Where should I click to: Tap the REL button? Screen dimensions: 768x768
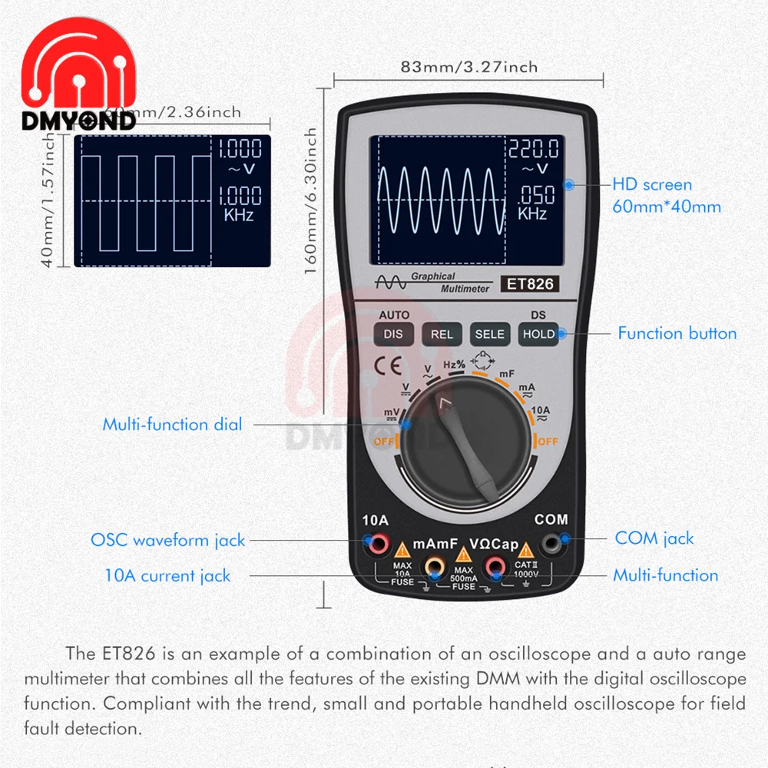442,334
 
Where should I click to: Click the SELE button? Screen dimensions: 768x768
489,334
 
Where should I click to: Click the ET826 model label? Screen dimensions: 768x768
528,284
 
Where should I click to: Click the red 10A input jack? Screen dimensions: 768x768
379,546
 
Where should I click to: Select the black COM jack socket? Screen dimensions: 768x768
551,546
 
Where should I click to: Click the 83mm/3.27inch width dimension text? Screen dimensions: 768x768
469,67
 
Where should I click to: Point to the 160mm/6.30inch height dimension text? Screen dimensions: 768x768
311,204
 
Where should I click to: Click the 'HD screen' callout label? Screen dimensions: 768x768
652,184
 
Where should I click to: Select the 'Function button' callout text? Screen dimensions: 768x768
677,333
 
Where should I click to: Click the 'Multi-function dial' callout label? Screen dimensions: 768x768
172,424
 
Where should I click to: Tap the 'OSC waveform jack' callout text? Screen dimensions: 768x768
167,540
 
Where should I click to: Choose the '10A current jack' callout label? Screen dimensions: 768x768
167,575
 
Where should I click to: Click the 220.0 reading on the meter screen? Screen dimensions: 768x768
532,148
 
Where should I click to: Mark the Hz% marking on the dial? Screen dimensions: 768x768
455,364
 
